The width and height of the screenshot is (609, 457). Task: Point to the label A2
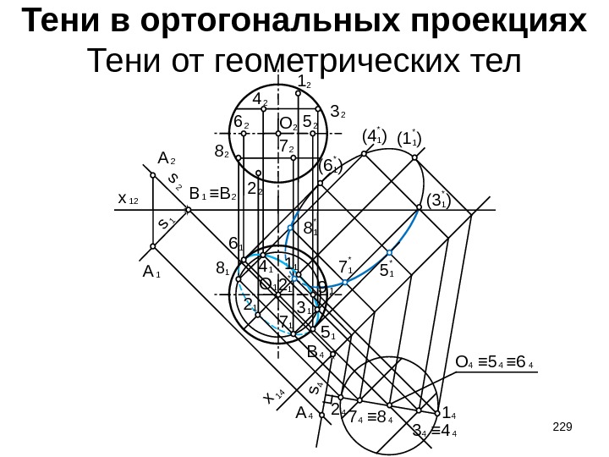pyautogui.click(x=167, y=157)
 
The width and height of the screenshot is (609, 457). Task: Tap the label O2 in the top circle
pyautogui.click(x=288, y=124)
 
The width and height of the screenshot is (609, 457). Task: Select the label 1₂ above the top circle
pyautogui.click(x=305, y=82)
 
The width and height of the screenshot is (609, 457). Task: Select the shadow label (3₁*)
pyautogui.click(x=438, y=201)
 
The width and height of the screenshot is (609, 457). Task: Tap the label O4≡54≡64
pyautogui.click(x=494, y=364)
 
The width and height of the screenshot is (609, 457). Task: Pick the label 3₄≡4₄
pyautogui.click(x=435, y=434)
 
